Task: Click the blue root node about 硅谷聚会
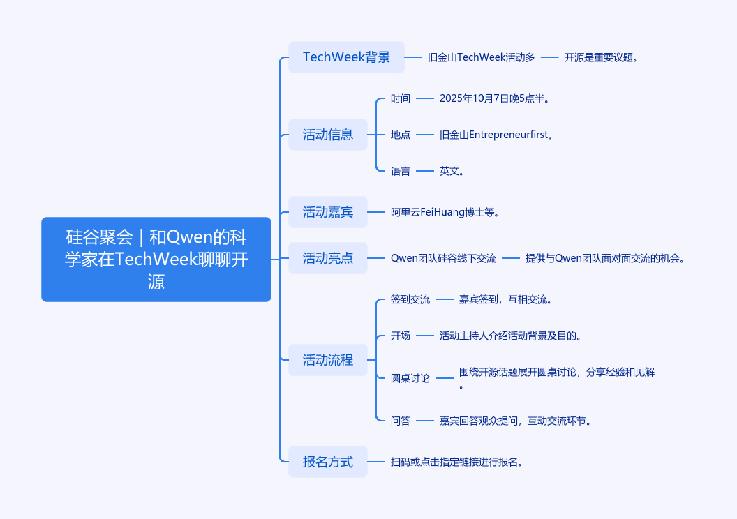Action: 156,259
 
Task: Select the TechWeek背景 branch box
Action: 346,57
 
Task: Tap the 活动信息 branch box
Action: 327,135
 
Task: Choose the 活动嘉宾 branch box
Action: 327,212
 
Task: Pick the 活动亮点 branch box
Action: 327,258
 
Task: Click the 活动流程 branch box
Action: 327,360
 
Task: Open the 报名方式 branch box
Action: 327,461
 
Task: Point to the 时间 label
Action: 401,98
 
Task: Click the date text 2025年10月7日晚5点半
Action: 495,98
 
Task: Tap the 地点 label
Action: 401,135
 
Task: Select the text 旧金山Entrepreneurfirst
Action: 497,135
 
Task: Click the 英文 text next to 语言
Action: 452,171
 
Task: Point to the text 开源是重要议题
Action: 601,57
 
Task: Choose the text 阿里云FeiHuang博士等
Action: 445,212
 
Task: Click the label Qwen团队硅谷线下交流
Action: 443,258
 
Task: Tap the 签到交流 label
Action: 410,299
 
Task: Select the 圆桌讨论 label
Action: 410,378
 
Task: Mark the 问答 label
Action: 401,421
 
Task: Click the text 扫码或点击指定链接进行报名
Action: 457,461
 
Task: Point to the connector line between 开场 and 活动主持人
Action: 425,336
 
